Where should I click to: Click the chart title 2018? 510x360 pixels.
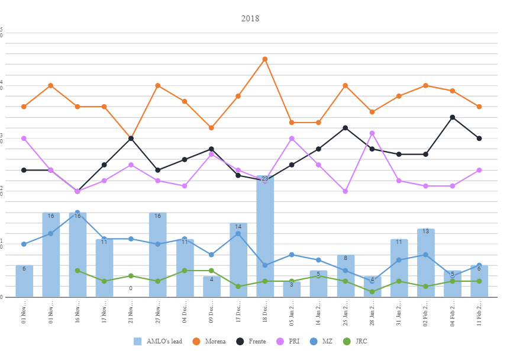coord(250,18)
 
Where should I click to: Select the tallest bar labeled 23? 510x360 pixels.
coord(265,237)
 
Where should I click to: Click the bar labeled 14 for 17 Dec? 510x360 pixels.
coord(238,261)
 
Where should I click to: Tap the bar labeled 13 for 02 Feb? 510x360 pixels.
coord(426,263)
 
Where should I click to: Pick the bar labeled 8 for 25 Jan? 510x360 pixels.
coord(346,276)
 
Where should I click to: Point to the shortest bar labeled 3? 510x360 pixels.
coord(292,289)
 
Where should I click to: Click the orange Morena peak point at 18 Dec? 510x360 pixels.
coord(265,59)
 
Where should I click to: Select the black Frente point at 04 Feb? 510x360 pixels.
coord(453,117)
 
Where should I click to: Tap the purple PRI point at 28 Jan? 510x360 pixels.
coord(372,133)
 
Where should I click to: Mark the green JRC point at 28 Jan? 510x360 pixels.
coord(372,292)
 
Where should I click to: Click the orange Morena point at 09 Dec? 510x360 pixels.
coord(211,128)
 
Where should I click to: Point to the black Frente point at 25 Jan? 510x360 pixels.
coord(346,128)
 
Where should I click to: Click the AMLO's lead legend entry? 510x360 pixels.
coord(158,342)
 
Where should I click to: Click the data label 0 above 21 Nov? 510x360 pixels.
coord(131,288)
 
